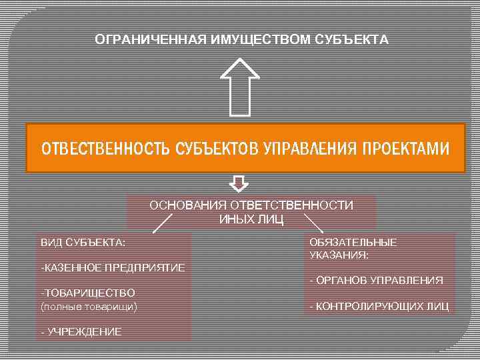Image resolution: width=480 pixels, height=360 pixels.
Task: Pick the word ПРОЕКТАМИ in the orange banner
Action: [405, 148]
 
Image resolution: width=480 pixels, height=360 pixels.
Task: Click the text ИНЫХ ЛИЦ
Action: [251, 219]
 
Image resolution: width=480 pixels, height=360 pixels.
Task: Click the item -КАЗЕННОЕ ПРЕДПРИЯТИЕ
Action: [113, 267]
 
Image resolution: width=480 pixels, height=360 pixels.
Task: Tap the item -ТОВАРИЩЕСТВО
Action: [88, 293]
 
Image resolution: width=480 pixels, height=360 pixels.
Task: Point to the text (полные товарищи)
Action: [89, 306]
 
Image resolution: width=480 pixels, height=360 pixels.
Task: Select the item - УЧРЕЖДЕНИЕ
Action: [81, 331]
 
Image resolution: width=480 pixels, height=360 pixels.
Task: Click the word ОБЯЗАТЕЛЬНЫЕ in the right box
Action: [353, 242]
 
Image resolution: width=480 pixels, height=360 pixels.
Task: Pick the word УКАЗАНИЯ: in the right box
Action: [340, 255]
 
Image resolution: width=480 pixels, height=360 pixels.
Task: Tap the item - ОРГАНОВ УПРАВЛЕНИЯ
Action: [377, 281]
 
